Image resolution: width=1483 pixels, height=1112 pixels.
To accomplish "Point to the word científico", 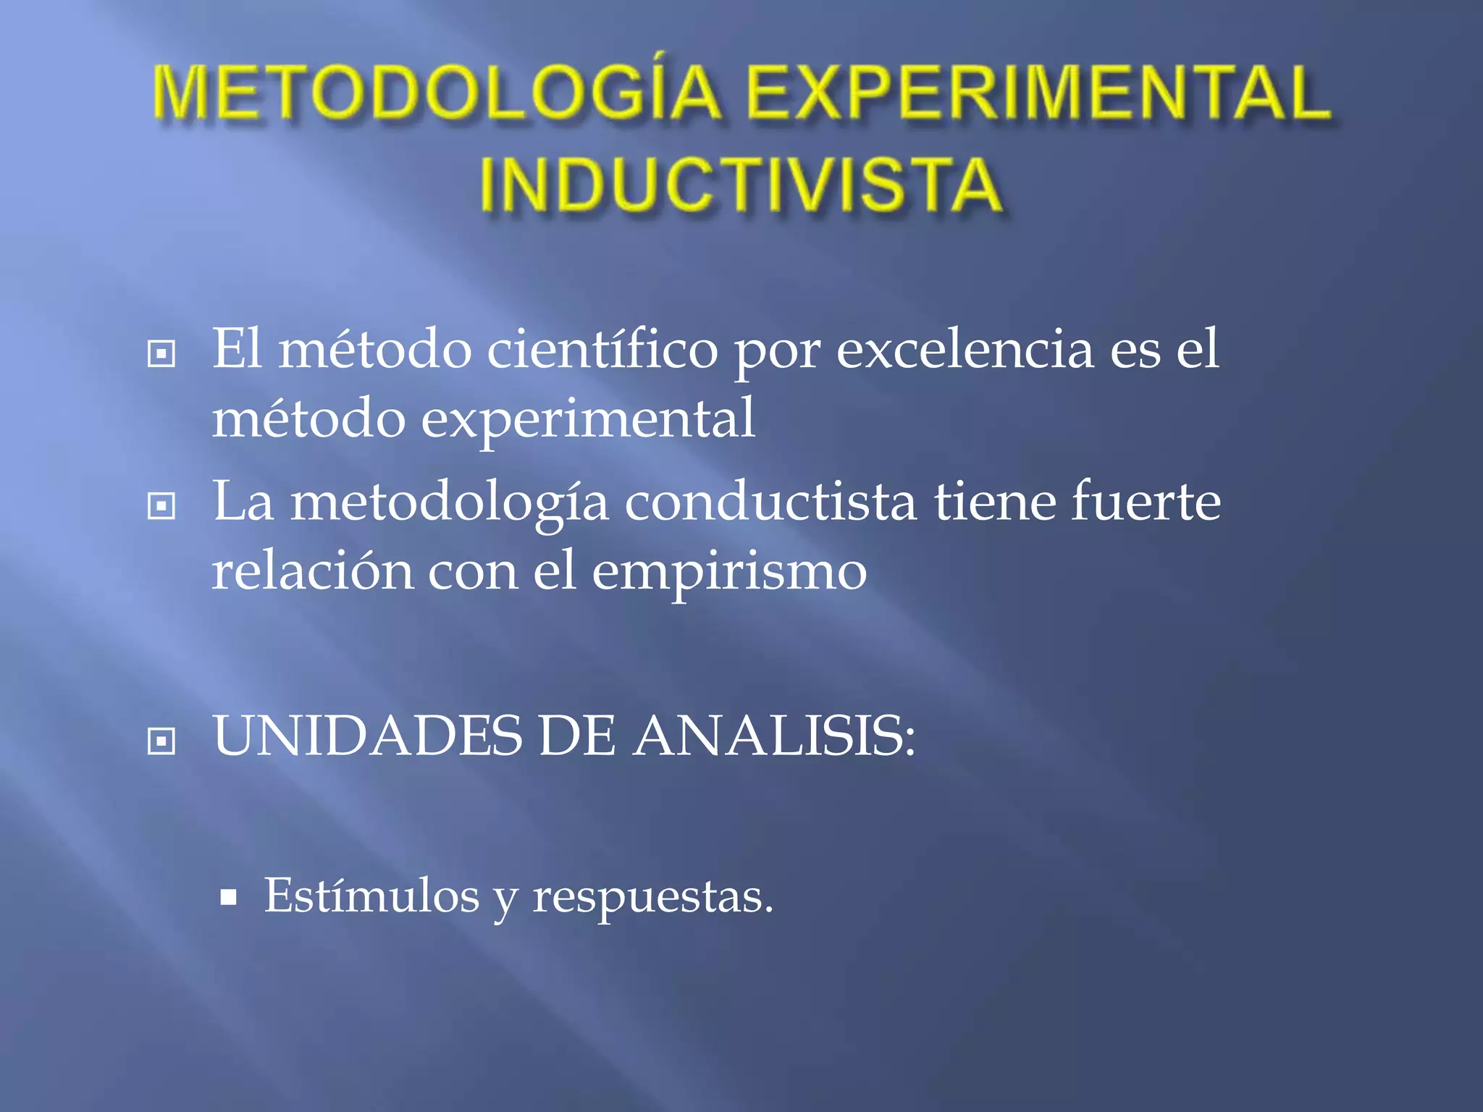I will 602,350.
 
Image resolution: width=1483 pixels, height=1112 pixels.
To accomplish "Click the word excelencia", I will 965,350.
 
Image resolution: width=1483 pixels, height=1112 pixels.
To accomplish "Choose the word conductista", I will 770,502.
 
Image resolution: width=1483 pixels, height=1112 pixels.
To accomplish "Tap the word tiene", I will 994,502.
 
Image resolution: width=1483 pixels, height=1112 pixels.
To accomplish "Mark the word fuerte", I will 1146,502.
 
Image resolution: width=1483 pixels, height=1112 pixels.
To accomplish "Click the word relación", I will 312,571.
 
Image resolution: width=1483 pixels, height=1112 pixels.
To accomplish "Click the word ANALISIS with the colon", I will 774,736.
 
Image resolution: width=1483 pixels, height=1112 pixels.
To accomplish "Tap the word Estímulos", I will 371,896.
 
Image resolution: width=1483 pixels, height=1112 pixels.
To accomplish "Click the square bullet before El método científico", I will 161,354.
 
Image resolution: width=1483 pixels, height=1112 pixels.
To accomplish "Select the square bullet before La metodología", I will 161,506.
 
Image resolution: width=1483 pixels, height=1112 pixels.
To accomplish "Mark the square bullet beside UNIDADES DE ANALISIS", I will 161,741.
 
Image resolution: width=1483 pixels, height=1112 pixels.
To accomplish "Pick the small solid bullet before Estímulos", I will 229,898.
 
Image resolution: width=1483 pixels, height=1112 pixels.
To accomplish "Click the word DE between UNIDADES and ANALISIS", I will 577,736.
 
